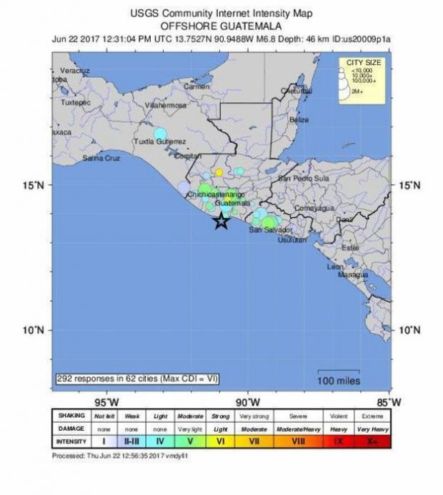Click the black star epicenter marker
pos(221,221)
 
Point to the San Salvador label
pos(269,230)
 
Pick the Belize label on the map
pos(299,120)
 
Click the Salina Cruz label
pos(101,158)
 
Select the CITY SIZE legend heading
pos(363,63)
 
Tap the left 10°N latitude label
pos(36,330)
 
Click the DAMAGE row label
pos(70,429)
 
